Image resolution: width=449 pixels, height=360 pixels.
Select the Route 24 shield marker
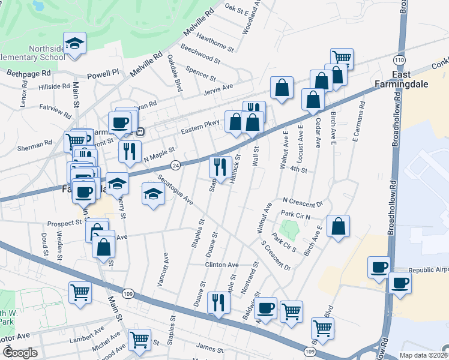(175, 164)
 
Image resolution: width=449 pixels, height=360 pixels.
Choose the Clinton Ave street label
(222, 265)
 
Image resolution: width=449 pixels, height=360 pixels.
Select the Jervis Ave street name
(218, 88)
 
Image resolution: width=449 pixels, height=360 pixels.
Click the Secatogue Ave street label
(175, 189)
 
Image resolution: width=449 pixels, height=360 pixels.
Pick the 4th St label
(298, 170)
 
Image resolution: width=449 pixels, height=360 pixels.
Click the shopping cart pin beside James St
(140, 340)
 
